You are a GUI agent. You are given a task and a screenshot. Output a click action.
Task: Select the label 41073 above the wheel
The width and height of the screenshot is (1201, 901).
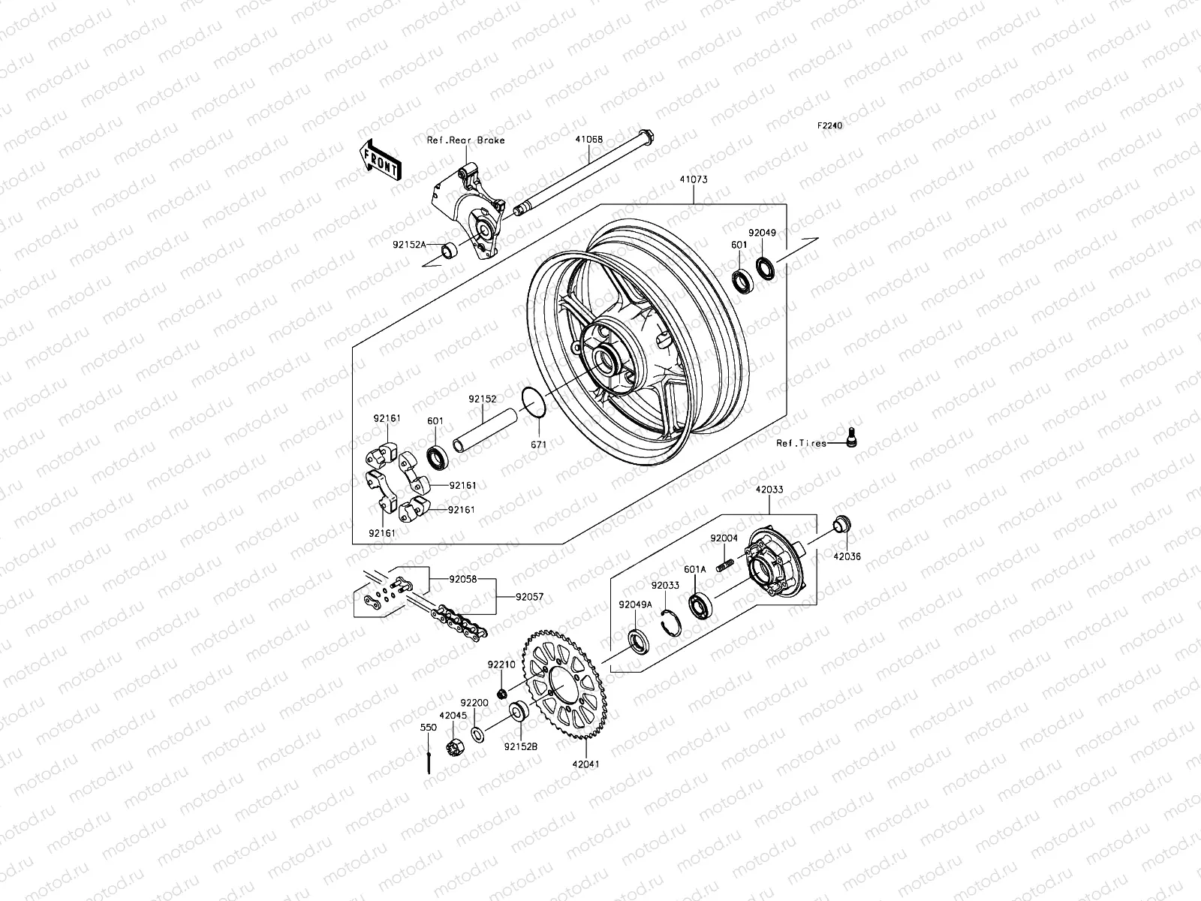[x=694, y=180]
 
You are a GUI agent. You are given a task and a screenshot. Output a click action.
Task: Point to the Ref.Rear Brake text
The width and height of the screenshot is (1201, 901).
[x=476, y=140]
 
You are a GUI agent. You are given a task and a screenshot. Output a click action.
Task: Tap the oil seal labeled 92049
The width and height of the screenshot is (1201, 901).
[x=766, y=267]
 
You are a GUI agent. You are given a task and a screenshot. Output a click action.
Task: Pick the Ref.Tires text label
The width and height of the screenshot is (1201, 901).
[x=802, y=444]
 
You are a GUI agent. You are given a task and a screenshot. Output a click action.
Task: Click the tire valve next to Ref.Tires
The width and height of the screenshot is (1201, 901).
[x=850, y=436]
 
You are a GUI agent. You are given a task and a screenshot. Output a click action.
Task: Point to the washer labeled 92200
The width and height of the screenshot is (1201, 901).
[x=477, y=732]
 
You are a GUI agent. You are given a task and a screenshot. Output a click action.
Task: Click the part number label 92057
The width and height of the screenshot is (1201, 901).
[x=529, y=598]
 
